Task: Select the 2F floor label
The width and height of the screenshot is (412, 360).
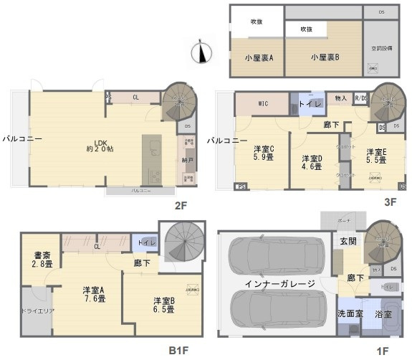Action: pyautogui.click(x=181, y=206)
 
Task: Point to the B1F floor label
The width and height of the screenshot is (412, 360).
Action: pyautogui.click(x=178, y=351)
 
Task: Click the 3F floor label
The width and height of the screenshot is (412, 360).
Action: pyautogui.click(x=390, y=202)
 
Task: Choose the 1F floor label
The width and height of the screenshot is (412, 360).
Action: pyautogui.click(x=383, y=351)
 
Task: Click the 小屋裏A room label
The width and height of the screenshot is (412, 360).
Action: pyautogui.click(x=255, y=57)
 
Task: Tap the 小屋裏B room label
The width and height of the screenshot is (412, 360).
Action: pyautogui.click(x=325, y=57)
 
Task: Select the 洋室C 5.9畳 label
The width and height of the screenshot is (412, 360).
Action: pyautogui.click(x=264, y=154)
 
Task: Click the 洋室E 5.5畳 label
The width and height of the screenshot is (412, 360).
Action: pyautogui.click(x=377, y=156)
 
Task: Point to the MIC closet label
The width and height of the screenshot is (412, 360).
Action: pyautogui.click(x=263, y=105)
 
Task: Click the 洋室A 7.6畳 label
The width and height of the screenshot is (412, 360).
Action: pyautogui.click(x=93, y=295)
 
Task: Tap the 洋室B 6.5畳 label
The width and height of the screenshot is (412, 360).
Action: pyautogui.click(x=164, y=305)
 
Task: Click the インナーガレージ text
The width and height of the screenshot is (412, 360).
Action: pyautogui.click(x=279, y=284)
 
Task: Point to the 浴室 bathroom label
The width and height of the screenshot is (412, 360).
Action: pyautogui.click(x=383, y=314)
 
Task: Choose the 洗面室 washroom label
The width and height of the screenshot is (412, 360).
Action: pyautogui.click(x=350, y=314)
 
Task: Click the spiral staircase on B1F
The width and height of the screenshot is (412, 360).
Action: pyautogui.click(x=180, y=243)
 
